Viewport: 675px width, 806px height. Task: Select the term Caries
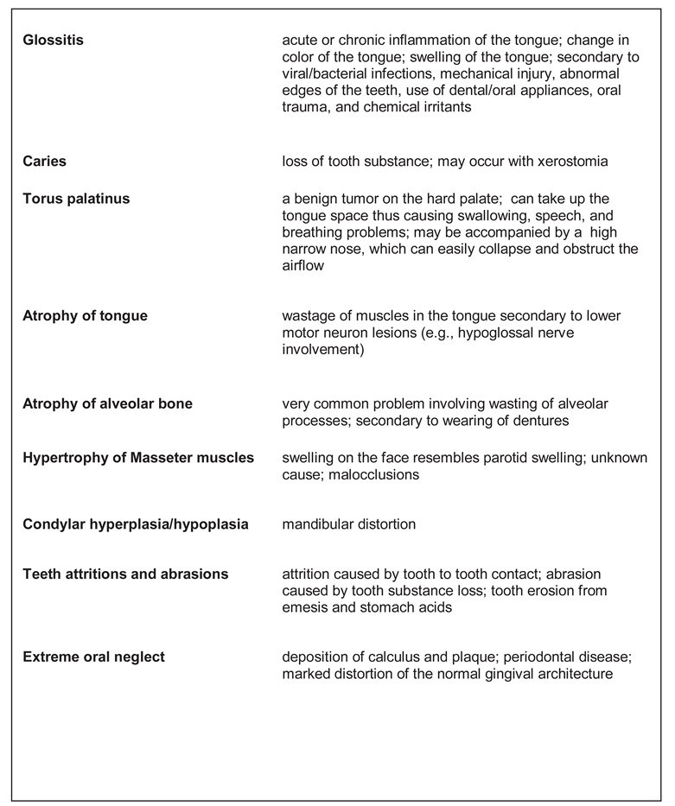point(44,162)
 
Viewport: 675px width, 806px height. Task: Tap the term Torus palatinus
point(76,199)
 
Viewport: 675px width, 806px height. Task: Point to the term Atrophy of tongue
point(85,316)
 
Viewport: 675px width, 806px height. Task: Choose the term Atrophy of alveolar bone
point(107,403)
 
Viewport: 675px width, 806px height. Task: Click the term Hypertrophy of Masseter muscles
point(138,457)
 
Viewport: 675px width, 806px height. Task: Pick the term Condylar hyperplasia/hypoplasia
point(135,524)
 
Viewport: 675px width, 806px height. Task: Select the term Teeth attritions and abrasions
point(125,574)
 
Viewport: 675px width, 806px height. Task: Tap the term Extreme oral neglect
point(93,657)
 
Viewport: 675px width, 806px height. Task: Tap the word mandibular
point(319,524)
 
